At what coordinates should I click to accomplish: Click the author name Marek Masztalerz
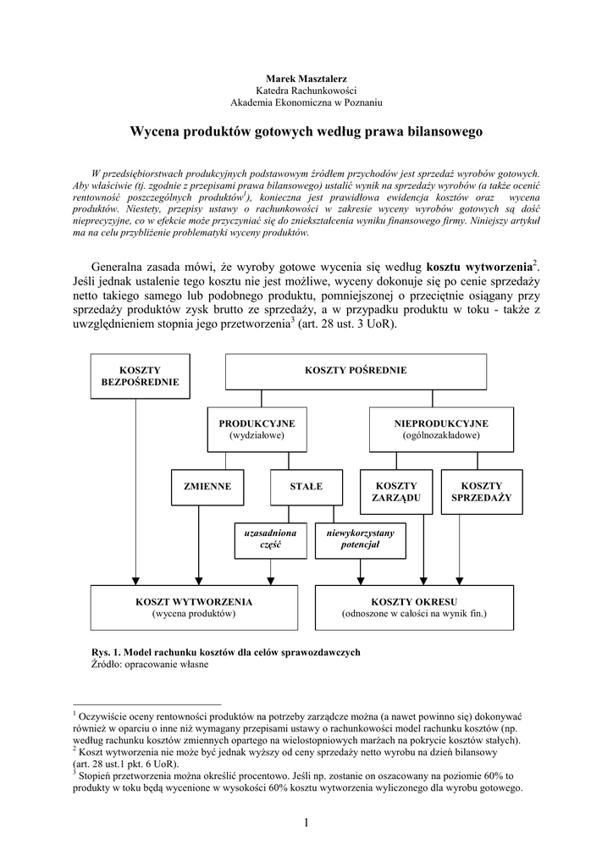point(306,78)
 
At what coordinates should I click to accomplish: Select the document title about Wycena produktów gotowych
point(306,132)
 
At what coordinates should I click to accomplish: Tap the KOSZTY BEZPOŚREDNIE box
point(141,376)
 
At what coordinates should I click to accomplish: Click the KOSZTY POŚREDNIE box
point(356,371)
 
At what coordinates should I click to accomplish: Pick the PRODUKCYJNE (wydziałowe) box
point(257,429)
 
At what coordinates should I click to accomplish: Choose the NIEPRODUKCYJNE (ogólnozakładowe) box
point(441,429)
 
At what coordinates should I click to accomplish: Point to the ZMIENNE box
point(207,487)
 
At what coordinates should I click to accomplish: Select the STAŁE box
point(306,487)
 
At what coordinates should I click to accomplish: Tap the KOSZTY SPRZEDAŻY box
point(482,492)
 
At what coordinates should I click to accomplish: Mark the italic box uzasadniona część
point(270,540)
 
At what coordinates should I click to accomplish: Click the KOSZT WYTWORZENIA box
point(195,607)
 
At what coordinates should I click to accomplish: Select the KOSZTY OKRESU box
point(414,607)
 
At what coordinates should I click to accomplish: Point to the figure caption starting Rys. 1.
point(225,652)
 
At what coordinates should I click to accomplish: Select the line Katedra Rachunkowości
point(306,90)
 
